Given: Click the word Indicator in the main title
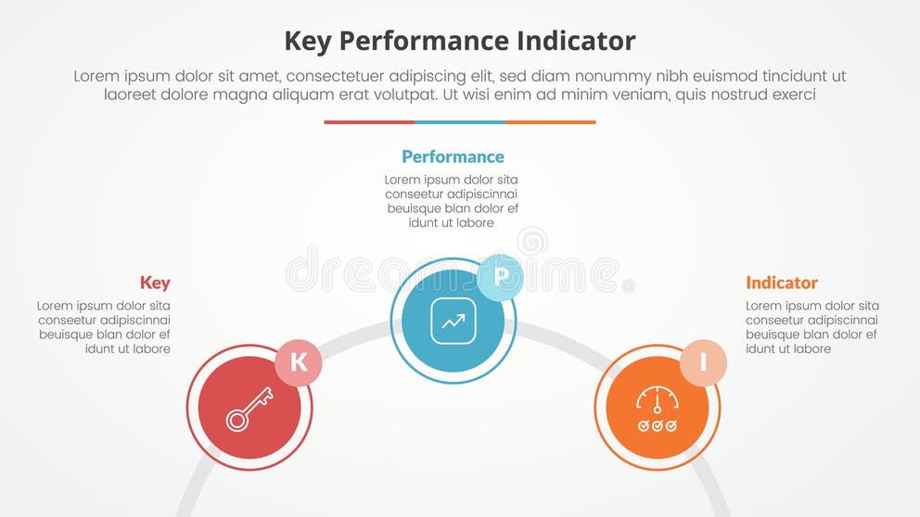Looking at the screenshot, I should (576, 41).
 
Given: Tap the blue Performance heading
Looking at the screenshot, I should (453, 157).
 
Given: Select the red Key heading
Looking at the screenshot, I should (155, 283).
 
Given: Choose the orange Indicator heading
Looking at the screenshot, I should (782, 283).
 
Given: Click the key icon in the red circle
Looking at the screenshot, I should (249, 409).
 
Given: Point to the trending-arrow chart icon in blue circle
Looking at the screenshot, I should (453, 322).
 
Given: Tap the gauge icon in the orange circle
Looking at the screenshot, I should (657, 409).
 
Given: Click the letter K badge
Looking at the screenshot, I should (299, 362).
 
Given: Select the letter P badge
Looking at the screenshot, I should (501, 276).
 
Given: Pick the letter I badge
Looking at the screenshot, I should (703, 362).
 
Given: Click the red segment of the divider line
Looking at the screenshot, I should (369, 121).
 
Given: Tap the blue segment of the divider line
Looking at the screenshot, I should (460, 121).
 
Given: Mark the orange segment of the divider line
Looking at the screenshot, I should (551, 121).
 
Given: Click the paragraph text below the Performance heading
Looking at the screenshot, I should (452, 201).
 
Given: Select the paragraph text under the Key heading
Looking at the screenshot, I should (105, 327).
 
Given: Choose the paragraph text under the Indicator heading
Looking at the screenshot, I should (812, 327).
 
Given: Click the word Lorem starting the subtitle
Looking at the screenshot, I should (97, 77).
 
